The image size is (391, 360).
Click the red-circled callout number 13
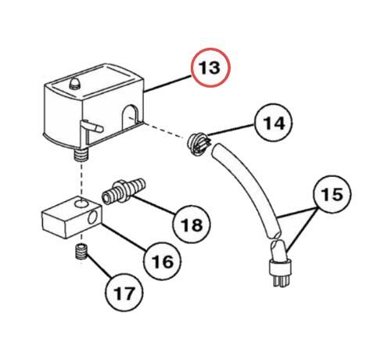210,67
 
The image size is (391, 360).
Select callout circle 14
274,123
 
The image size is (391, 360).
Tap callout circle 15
332,194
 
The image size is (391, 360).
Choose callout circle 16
162,261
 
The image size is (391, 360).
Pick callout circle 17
124,293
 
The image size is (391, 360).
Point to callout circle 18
192,224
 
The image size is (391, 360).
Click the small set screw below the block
82,251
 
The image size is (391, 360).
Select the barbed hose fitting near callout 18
123,190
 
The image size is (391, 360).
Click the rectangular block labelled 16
72,217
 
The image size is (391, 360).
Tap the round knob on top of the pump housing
75,83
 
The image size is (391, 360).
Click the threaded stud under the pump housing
81,154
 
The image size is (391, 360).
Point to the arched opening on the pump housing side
130,115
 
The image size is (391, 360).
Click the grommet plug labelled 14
199,144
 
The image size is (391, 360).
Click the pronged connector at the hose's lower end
279,264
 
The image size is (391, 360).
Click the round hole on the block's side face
92,217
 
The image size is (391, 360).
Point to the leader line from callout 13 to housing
168,84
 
